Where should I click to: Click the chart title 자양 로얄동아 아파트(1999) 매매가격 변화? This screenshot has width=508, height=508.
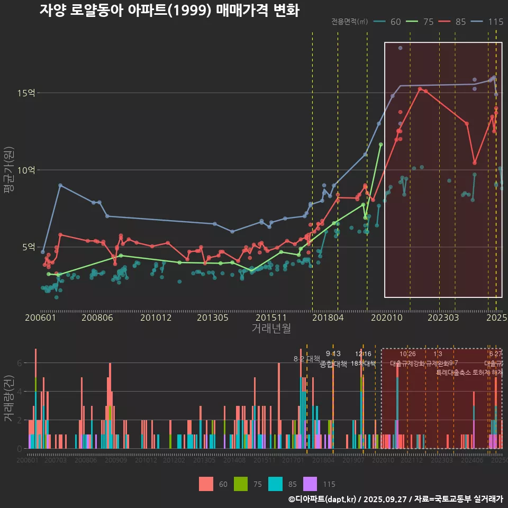coord(169,10)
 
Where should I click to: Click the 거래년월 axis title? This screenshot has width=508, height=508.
coord(271,329)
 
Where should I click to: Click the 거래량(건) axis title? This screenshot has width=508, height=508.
coord(8,399)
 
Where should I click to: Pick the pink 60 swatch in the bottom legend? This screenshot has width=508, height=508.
coord(206,484)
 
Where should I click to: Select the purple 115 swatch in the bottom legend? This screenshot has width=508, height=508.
coord(310,484)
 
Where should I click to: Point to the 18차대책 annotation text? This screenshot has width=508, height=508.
coord(363,364)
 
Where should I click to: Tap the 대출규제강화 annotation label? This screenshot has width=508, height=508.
coord(407,364)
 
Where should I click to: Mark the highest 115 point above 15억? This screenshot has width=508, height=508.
coord(401,48)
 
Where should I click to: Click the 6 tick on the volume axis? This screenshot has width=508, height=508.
coord(19,363)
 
